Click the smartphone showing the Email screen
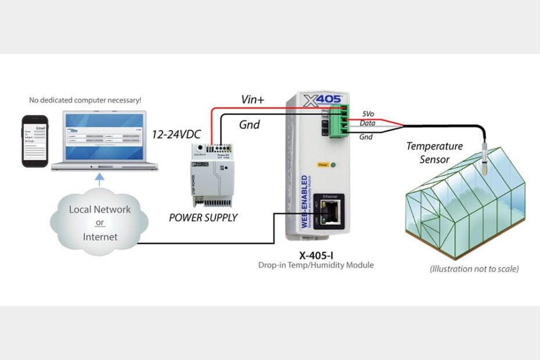pyautogui.click(x=35, y=141)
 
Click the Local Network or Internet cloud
pyautogui.click(x=100, y=222)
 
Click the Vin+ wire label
pyautogui.click(x=253, y=100)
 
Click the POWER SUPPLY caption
pyautogui.click(x=203, y=218)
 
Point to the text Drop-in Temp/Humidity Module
pyautogui.click(x=316, y=265)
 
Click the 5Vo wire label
pyautogui.click(x=368, y=114)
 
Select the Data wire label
pyautogui.click(x=367, y=123)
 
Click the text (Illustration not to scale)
pyautogui.click(x=474, y=269)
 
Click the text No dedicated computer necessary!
pyautogui.click(x=85, y=100)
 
